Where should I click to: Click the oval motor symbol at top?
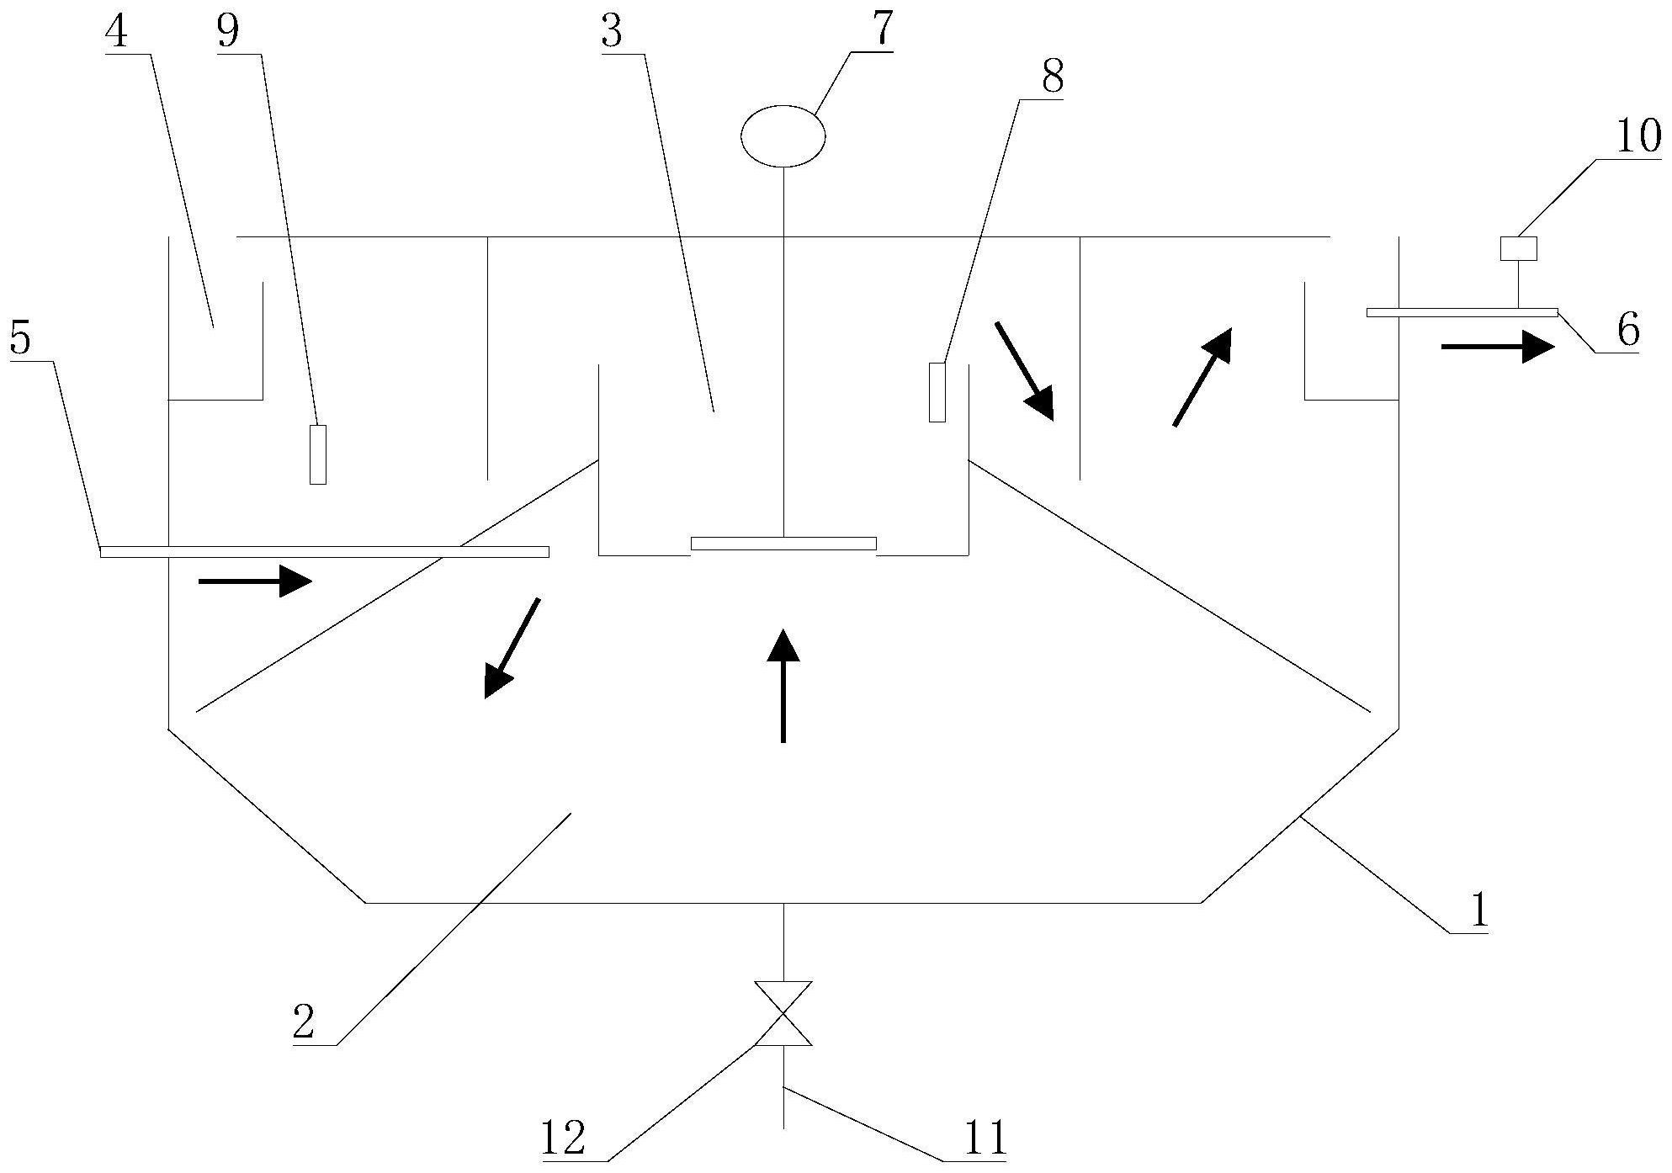click(x=783, y=135)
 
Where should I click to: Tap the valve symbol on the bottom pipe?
click(x=783, y=1013)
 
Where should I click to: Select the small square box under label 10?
click(x=1519, y=248)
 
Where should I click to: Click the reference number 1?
click(x=1478, y=910)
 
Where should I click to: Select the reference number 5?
click(x=21, y=339)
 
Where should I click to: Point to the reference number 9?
click(x=228, y=32)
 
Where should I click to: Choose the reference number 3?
click(x=613, y=32)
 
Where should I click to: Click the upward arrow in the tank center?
click(x=783, y=686)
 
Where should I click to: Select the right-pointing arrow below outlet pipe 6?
click(x=1497, y=346)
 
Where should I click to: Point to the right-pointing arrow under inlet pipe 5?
click(x=255, y=581)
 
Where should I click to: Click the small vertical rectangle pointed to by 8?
click(x=937, y=392)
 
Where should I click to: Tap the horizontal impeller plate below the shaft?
click(x=783, y=544)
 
